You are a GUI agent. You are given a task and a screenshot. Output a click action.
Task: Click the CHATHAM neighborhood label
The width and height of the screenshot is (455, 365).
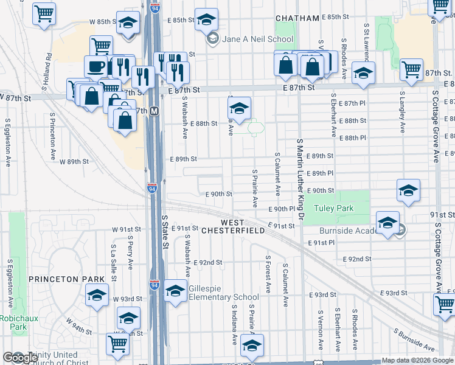pyautogui.click(x=297, y=18)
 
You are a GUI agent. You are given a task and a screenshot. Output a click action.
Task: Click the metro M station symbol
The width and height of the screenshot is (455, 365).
pyautogui.click(x=155, y=111)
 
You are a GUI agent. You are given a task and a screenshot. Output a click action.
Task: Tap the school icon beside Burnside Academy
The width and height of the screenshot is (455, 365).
pyautogui.click(x=387, y=223)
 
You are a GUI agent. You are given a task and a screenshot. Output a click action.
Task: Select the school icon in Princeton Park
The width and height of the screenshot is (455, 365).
pyautogui.click(x=97, y=297)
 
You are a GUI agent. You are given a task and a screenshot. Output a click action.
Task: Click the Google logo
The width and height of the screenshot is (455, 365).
pyautogui.click(x=20, y=358)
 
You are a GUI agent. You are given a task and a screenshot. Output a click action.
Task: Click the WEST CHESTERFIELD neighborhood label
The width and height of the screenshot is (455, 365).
pyautogui.click(x=241, y=227)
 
